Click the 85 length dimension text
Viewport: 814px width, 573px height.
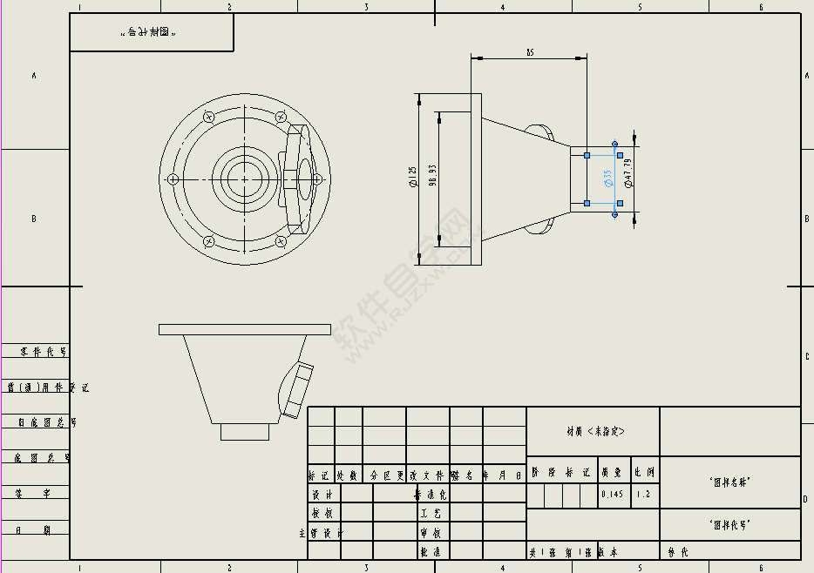(530, 53)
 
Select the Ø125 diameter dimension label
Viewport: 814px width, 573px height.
(412, 179)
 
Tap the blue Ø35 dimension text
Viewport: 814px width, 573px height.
(607, 179)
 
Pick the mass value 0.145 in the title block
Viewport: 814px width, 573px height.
(612, 494)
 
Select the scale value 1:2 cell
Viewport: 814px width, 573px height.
(644, 494)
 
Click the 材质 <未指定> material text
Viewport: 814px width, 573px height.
(594, 431)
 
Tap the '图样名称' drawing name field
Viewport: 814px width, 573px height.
(730, 482)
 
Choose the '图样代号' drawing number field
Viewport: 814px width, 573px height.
(730, 525)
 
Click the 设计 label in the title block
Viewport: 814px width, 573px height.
(322, 494)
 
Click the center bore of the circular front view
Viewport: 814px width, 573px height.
(245, 179)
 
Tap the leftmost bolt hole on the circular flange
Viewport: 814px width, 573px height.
(172, 179)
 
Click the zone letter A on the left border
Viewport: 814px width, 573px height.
(34, 76)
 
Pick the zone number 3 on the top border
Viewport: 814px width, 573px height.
(366, 7)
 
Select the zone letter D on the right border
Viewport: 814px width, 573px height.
(805, 499)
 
